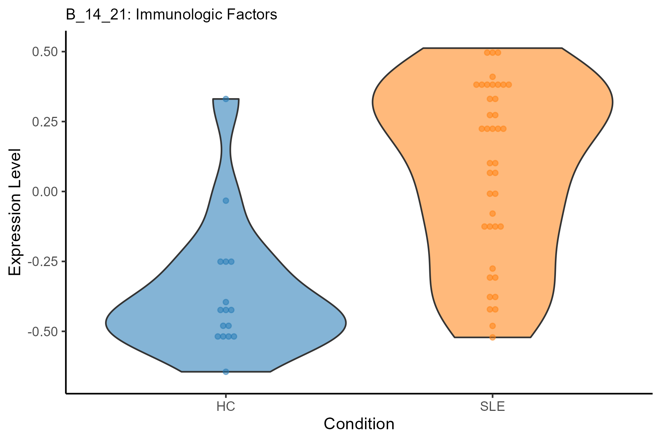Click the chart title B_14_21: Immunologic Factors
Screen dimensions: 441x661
click(171, 15)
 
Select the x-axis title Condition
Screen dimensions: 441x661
click(359, 424)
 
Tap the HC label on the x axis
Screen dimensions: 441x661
click(225, 407)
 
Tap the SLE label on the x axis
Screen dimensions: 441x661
click(492, 407)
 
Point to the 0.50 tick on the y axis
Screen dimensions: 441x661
click(45, 52)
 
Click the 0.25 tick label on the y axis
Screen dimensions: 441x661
click(45, 122)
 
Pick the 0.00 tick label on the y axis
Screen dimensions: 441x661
click(45, 191)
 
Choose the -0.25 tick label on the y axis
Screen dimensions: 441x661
click(43, 262)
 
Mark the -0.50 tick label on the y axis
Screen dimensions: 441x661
click(43, 331)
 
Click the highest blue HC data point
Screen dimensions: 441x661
click(226, 99)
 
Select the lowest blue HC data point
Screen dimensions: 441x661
click(226, 372)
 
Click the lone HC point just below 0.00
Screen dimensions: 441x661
click(226, 200)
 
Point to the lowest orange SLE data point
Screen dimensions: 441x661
click(492, 337)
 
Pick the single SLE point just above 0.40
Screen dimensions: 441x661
click(492, 77)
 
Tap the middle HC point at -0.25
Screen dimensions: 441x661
click(226, 262)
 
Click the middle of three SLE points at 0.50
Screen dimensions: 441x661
click(492, 53)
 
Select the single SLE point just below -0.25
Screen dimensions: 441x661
click(492, 269)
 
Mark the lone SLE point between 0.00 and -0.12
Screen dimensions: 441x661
click(492, 214)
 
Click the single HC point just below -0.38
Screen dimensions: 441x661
click(226, 302)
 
